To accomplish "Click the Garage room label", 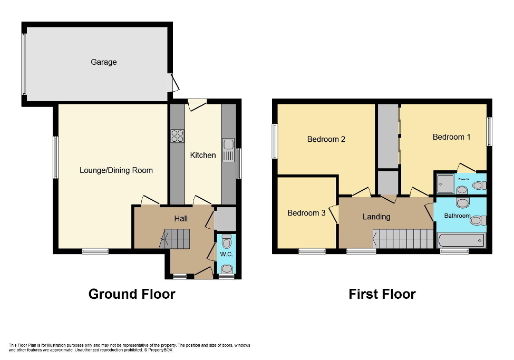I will (x=104, y=62).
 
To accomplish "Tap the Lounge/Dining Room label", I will (x=116, y=170).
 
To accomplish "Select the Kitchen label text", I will (x=203, y=155).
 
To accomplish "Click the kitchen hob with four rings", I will (x=177, y=136).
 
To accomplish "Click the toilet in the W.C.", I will (x=227, y=243).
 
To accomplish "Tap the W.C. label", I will (x=227, y=255).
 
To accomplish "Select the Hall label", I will (x=181, y=218).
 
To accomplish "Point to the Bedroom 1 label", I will (x=451, y=137).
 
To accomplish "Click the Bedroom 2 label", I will (x=326, y=140).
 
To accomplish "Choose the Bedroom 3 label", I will (x=306, y=213).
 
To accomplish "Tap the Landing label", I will (x=376, y=217).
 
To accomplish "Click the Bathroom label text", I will (x=457, y=216).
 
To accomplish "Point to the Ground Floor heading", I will (x=132, y=294).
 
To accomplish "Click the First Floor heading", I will (x=382, y=294).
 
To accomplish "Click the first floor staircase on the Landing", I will (x=403, y=238).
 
